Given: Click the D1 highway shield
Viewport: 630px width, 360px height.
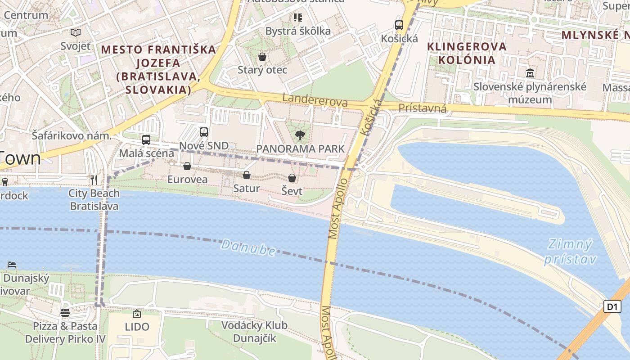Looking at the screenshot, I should [x=612, y=307].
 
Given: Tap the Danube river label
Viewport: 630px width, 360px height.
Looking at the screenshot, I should [x=248, y=247].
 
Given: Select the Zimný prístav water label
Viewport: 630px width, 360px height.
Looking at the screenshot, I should [x=570, y=252].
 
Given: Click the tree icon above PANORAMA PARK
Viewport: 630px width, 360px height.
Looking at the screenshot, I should [x=300, y=135].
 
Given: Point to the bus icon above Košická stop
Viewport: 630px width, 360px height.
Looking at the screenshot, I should [x=399, y=25].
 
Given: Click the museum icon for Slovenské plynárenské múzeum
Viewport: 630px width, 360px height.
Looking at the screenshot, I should [x=530, y=73].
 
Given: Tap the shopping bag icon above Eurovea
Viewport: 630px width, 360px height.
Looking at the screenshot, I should [x=187, y=166].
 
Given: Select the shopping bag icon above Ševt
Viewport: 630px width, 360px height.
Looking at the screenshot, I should [x=292, y=178].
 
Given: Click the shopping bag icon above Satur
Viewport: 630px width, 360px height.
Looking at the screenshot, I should [x=246, y=175].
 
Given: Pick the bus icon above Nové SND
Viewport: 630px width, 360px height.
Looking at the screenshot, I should [x=204, y=132].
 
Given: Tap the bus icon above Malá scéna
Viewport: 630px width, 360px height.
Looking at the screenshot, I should [x=146, y=140].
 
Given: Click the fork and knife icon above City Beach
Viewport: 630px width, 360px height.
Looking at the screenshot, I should [x=94, y=180].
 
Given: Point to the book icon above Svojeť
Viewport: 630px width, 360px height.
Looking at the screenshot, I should [x=76, y=32].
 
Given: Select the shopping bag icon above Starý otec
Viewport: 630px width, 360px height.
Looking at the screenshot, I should [x=262, y=57].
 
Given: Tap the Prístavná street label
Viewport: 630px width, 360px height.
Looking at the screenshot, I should [x=423, y=108].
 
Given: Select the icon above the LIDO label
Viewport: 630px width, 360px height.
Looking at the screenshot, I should [x=137, y=314].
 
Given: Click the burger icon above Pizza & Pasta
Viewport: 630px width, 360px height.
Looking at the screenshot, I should [x=65, y=312].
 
